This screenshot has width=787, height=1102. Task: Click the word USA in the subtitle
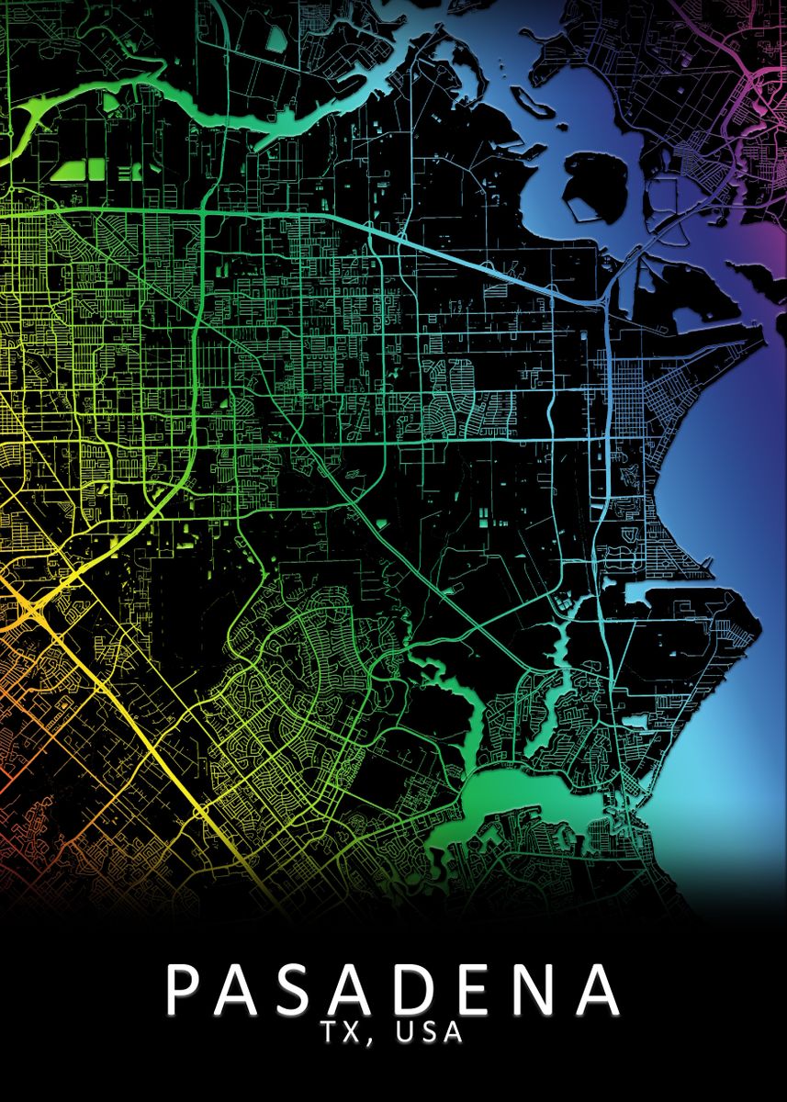click(x=428, y=1033)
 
